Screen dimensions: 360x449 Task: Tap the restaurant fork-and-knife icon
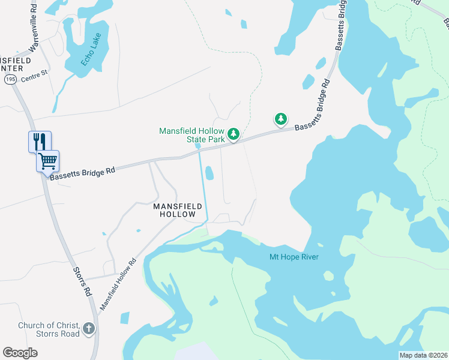40,142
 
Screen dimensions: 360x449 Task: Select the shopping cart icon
48,161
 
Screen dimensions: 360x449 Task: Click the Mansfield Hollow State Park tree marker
234,133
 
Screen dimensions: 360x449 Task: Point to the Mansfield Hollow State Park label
191,135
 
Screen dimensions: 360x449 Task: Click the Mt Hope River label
293,257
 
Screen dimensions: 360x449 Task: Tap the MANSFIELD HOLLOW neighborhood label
174,210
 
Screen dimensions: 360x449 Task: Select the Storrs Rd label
82,283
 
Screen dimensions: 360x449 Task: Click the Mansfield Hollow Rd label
118,283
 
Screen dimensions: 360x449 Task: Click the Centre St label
34,79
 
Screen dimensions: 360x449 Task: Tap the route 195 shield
10,79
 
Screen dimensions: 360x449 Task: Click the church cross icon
89,328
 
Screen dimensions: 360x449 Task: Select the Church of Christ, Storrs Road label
49,329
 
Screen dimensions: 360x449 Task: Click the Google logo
20,352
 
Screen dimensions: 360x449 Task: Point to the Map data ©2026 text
423,355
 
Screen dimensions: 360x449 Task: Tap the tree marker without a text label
280,119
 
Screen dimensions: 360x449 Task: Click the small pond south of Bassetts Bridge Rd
209,173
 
